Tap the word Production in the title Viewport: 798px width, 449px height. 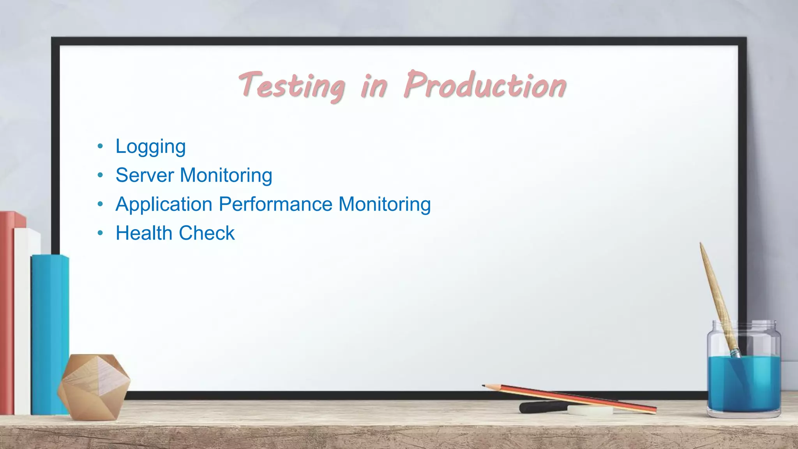click(x=485, y=85)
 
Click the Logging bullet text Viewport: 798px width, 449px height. click(x=150, y=147)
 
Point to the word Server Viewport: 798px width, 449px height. click(x=145, y=175)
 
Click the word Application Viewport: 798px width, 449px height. click(x=164, y=205)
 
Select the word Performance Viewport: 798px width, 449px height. click(x=276, y=204)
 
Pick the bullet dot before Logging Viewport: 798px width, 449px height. click(x=101, y=147)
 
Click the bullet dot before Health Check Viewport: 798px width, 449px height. click(x=101, y=233)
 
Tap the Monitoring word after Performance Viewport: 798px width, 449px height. click(x=385, y=205)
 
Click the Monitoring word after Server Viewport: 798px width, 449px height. click(x=226, y=175)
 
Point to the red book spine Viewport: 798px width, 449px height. click(x=7, y=312)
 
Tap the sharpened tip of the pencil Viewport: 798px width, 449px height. click(x=484, y=386)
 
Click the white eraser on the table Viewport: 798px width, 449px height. click(x=590, y=410)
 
